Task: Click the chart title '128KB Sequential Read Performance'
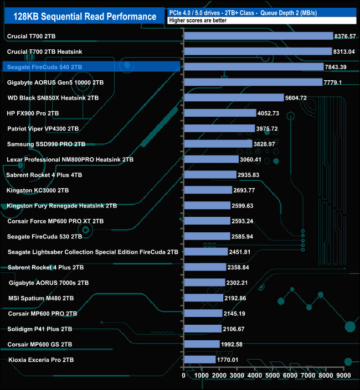click(x=82, y=17)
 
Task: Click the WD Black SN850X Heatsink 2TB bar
click(x=233, y=98)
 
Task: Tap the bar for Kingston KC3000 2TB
click(x=207, y=190)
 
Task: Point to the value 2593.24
click(x=246, y=221)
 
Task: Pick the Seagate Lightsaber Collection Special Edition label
click(x=93, y=252)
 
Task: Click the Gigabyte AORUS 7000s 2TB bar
click(x=204, y=283)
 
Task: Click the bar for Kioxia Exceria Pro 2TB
click(x=199, y=360)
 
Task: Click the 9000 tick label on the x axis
click(x=343, y=376)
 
